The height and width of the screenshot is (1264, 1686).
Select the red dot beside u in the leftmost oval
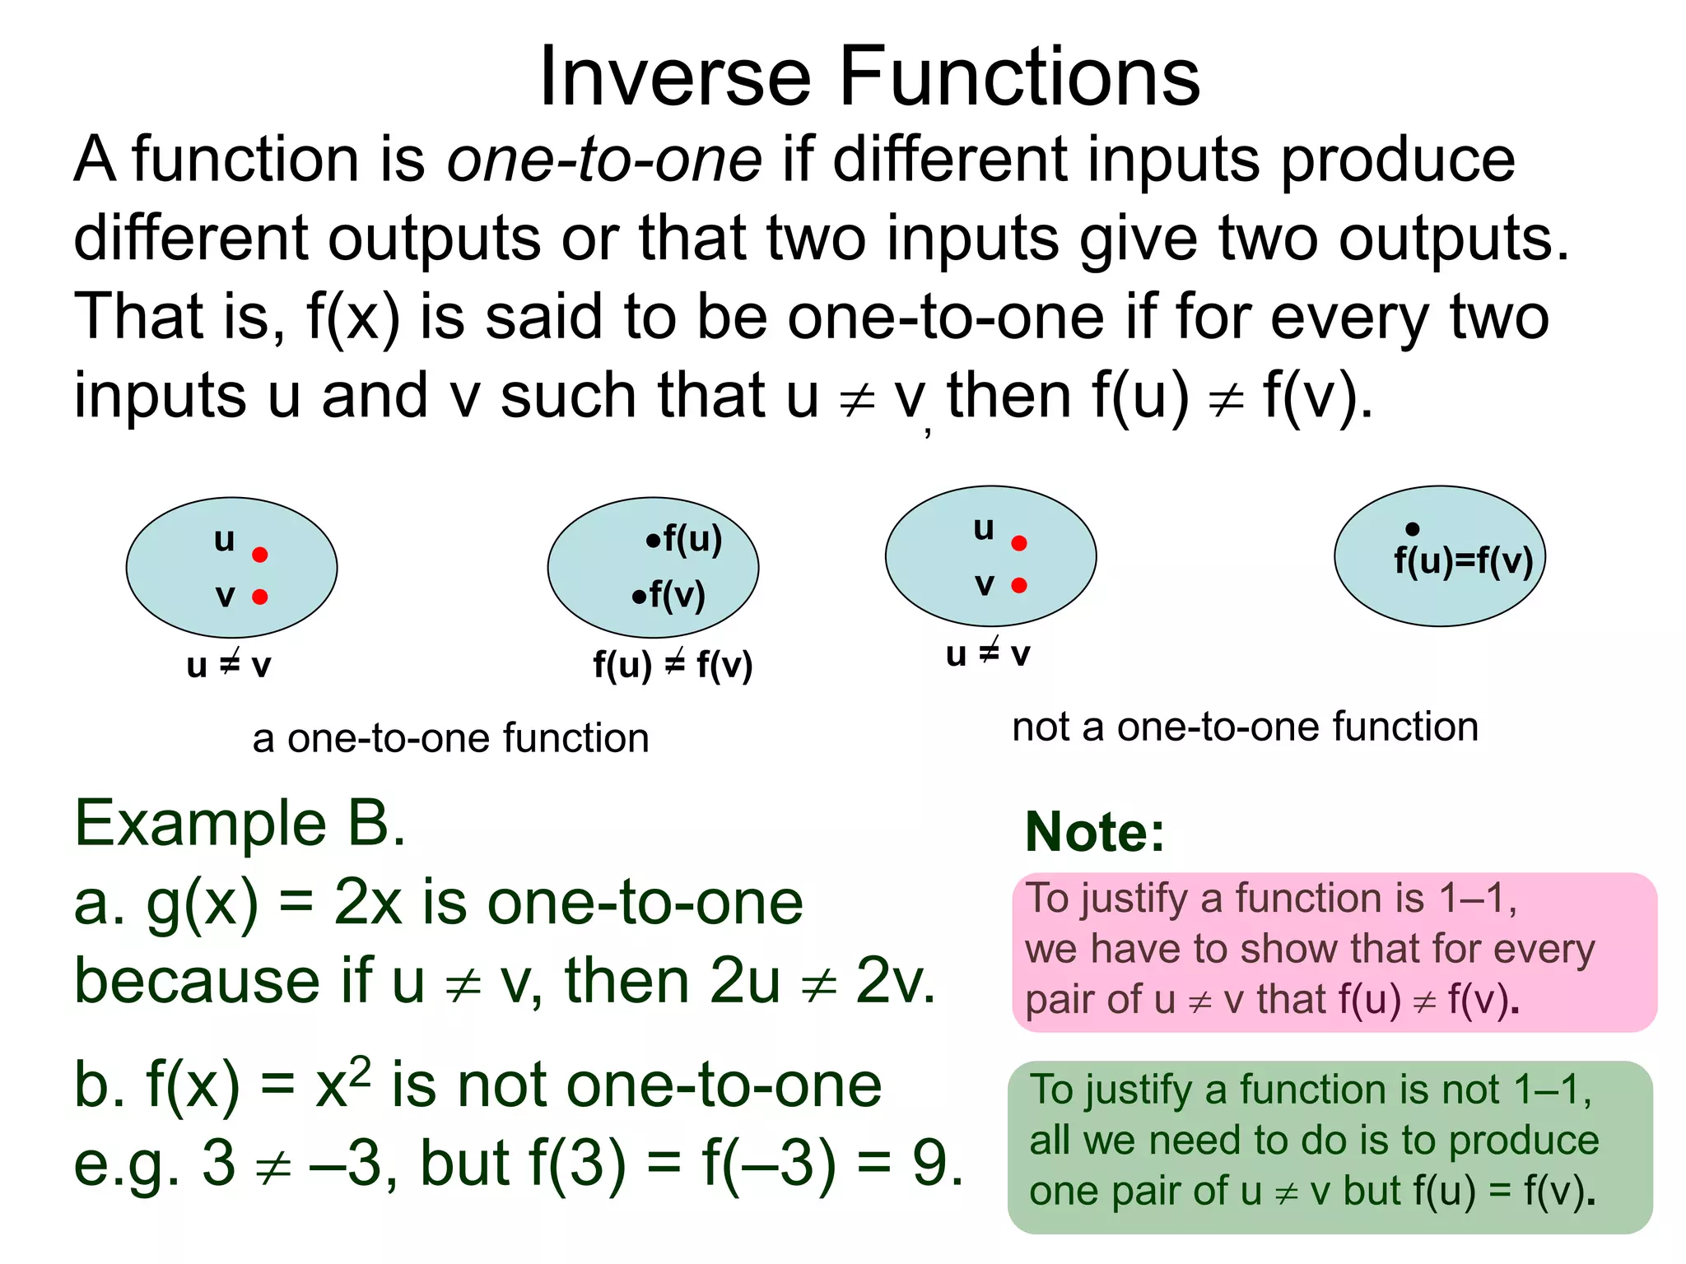260,555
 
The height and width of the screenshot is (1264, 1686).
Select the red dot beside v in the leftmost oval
260,597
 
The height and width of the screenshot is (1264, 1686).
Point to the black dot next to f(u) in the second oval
653,541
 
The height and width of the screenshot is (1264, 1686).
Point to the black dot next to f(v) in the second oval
639,597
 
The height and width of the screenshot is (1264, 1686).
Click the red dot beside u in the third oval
1019,543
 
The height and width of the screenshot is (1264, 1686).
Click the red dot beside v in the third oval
1019,585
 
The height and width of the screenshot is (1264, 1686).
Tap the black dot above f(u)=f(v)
1413,528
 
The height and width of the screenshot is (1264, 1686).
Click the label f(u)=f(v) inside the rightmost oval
1463,561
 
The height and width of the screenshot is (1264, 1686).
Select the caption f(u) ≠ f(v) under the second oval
673,665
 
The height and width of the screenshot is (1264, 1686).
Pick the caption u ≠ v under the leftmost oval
229,665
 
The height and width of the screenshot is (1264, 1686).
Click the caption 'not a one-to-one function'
1245,727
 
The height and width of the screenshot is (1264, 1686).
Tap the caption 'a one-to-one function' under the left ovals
450,738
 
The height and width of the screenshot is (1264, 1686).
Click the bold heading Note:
1095,832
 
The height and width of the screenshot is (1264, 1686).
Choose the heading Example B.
240,823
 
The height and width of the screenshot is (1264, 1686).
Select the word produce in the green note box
1524,1141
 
